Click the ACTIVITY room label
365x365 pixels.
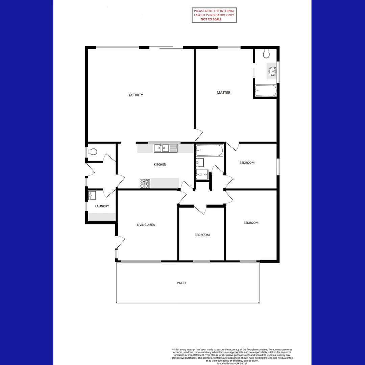point(136,95)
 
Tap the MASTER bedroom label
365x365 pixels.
point(223,93)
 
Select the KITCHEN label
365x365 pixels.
point(160,165)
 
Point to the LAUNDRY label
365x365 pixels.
point(102,206)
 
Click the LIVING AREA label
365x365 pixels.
point(146,225)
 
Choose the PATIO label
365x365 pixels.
point(181,283)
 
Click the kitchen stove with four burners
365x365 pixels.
point(144,183)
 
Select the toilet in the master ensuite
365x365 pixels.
point(266,53)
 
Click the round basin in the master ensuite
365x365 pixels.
point(272,71)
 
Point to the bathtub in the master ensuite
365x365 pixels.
point(266,91)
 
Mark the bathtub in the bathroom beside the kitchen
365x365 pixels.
point(210,150)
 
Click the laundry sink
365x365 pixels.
point(92,196)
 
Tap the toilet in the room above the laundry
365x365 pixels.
point(93,152)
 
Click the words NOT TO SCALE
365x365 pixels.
point(211,19)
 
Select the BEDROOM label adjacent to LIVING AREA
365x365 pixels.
point(202,235)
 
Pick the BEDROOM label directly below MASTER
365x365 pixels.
point(247,163)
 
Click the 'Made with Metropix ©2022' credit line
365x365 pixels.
point(233,363)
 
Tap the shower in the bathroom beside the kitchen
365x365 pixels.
point(202,174)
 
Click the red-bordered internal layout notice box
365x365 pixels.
point(214,15)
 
